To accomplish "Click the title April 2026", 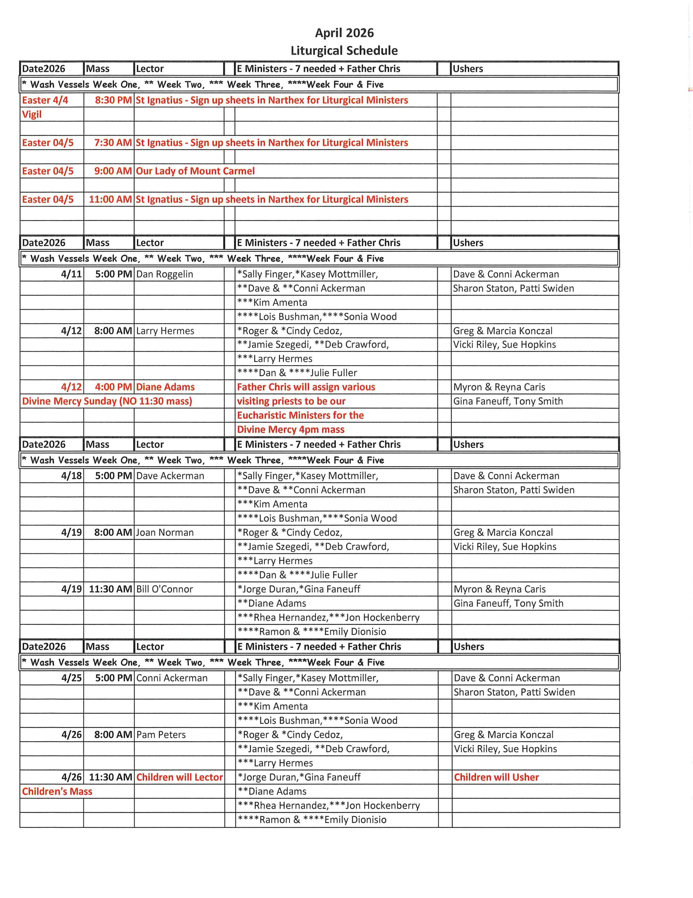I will coord(344,33).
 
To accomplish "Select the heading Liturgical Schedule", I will coord(344,51).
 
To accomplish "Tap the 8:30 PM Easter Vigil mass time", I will coord(114,100).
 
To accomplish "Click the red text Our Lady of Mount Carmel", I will coord(195,171).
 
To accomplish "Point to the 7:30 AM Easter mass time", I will coord(113,143).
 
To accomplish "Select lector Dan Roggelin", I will coord(164,274).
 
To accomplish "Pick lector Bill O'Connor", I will coord(164,589).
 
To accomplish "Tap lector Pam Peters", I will coord(161,735).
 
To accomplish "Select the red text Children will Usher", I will coord(496,777).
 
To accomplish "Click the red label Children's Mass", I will coord(57,791).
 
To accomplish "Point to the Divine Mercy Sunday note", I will coord(107,401).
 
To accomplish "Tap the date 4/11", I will coord(71,274).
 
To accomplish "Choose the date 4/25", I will coord(71,678).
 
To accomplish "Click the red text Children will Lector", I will coord(179,777).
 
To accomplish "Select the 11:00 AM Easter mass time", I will coord(110,199).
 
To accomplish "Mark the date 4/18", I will coord(71,476).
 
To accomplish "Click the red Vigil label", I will coord(32,114).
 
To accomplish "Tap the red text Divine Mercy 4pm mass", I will coord(291,430).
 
